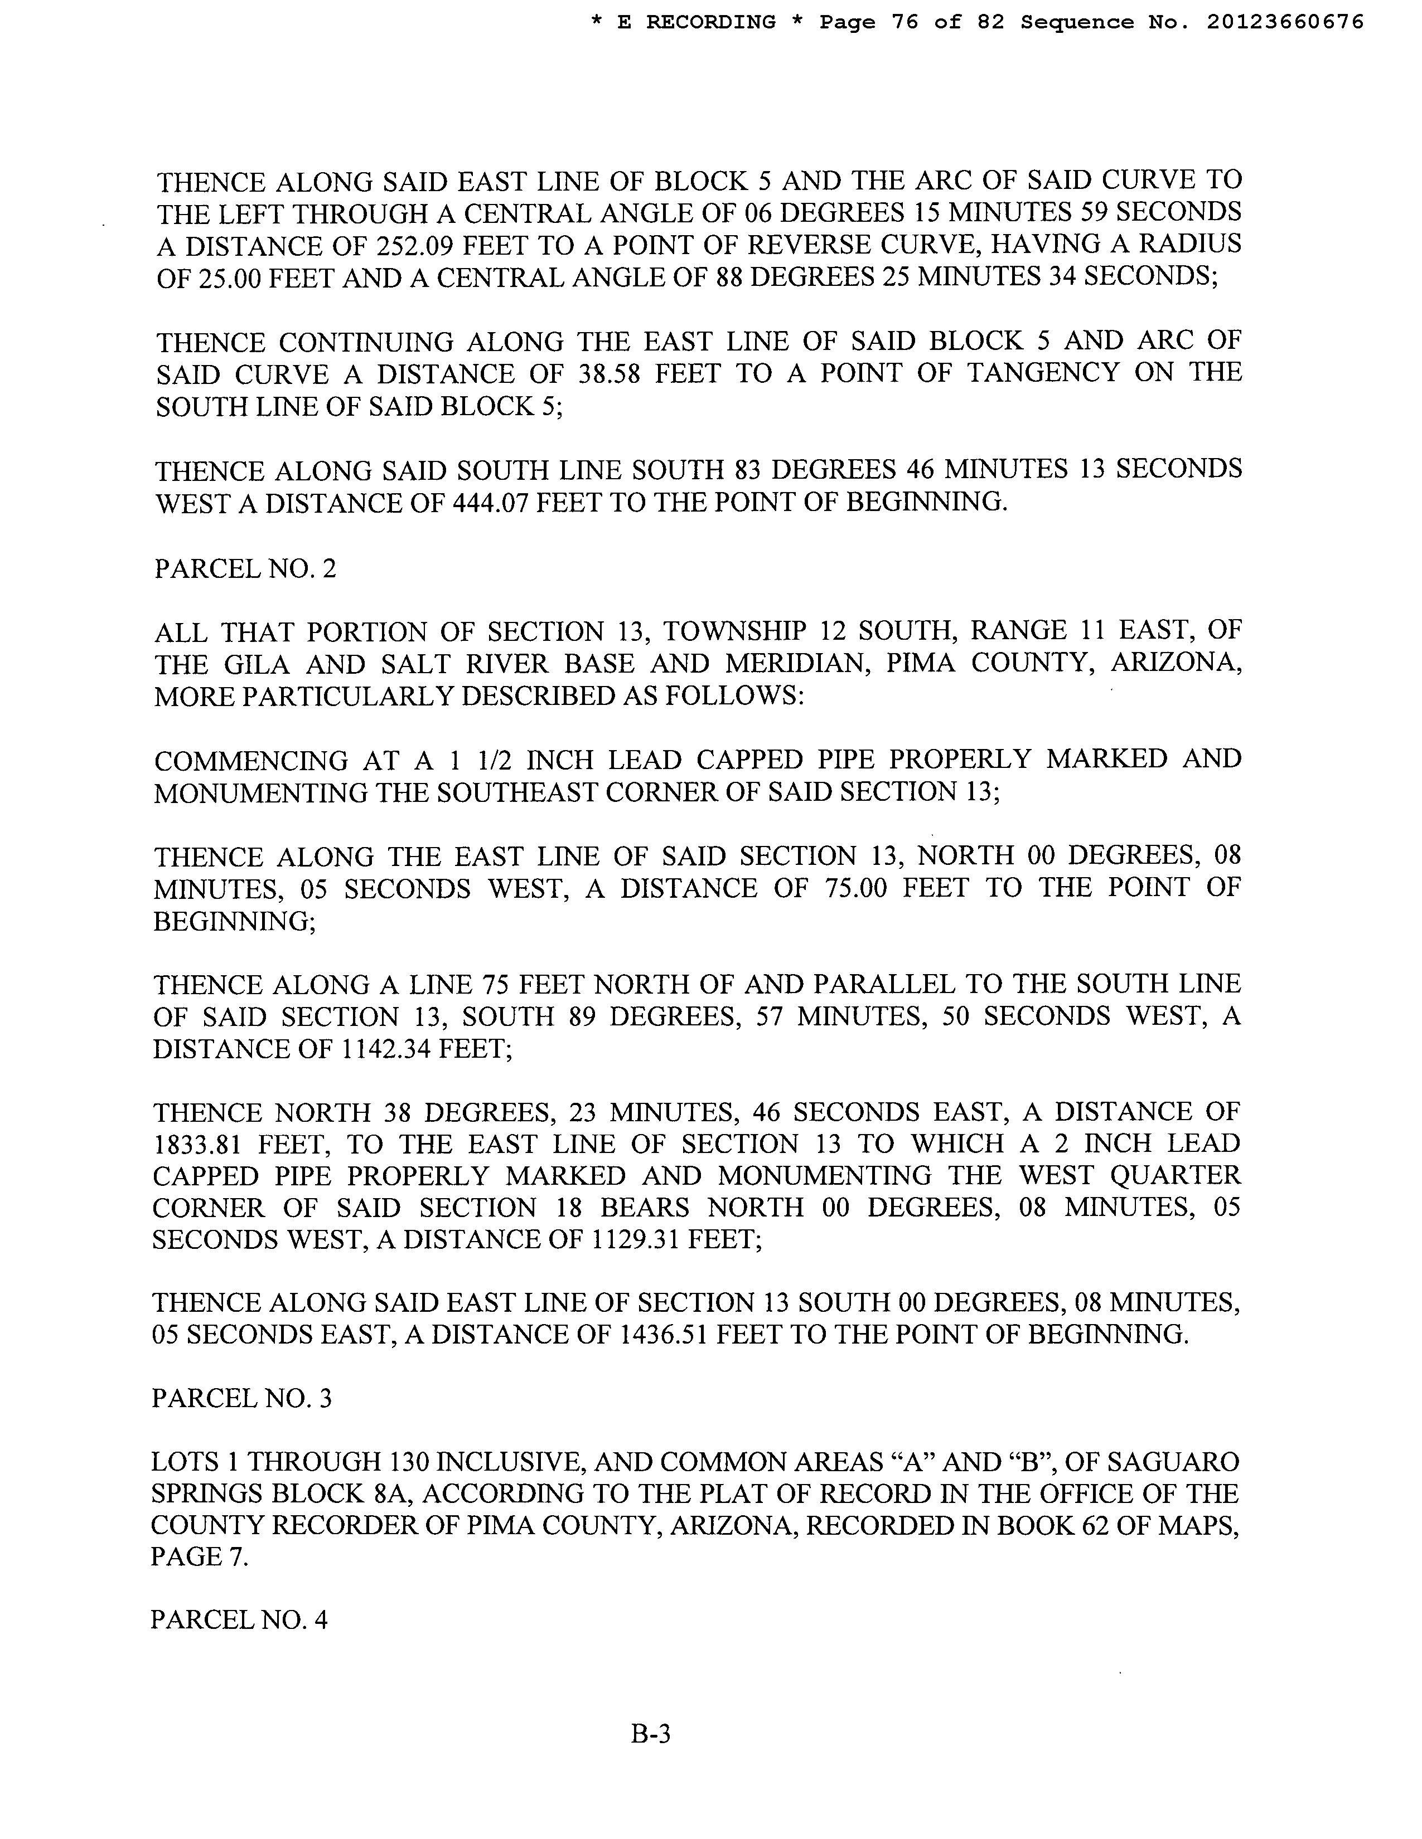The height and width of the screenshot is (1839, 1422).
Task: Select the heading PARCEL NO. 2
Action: pos(245,568)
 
